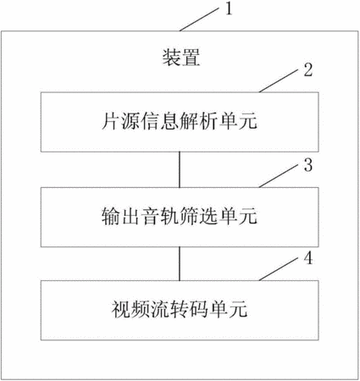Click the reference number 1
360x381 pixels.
point(229,8)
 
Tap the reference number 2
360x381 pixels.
point(308,69)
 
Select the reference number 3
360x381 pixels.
point(308,165)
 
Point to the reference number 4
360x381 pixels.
point(308,258)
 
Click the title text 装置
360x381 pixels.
point(181,58)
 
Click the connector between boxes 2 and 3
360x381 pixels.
point(180,169)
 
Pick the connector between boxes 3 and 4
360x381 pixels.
point(180,264)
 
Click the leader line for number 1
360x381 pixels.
point(199,19)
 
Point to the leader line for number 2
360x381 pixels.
point(279,80)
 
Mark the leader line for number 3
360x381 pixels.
point(279,176)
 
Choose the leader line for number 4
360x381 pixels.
point(279,269)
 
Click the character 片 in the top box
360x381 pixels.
point(110,121)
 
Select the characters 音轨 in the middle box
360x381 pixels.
point(160,217)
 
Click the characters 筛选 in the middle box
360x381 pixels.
point(199,217)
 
